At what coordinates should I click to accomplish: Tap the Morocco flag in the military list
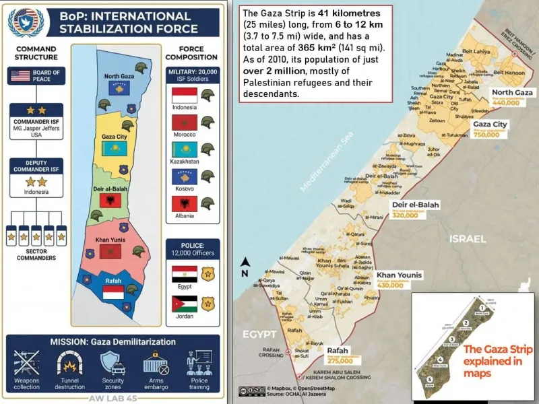tap(183, 123)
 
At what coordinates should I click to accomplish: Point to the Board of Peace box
tap(36, 76)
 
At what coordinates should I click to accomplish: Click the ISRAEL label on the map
tap(468, 239)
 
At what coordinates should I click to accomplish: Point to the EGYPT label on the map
tap(260, 335)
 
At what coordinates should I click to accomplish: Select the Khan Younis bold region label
tap(399, 275)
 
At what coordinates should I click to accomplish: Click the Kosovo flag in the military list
tap(183, 176)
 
